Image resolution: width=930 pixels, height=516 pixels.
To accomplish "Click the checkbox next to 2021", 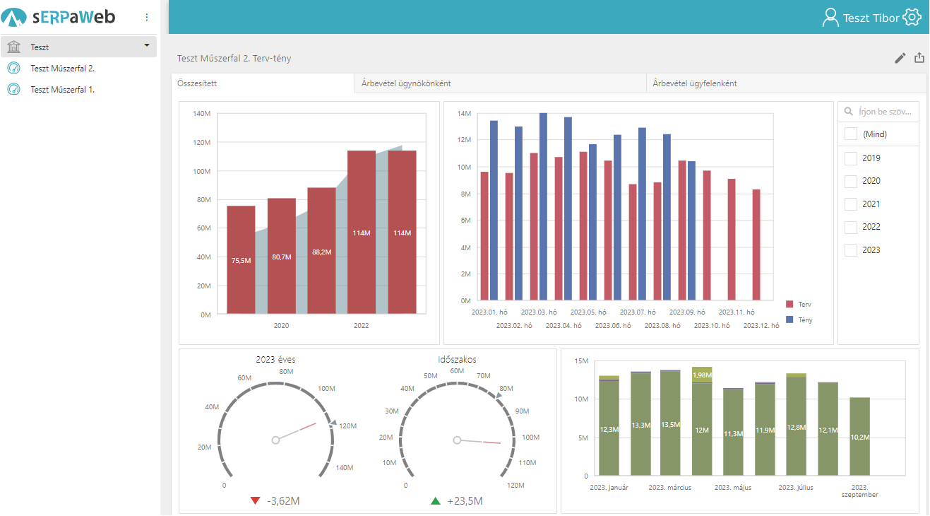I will tap(851, 204).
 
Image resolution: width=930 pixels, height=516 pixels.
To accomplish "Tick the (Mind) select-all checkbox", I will tap(851, 134).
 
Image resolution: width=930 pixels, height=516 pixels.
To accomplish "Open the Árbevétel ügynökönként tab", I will tap(406, 83).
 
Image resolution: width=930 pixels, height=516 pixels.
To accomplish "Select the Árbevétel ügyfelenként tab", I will tap(695, 83).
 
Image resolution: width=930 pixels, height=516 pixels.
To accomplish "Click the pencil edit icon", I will tap(900, 58).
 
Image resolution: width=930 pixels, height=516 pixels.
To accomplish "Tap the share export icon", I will tap(919, 58).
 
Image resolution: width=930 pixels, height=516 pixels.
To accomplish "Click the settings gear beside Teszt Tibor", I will tap(912, 18).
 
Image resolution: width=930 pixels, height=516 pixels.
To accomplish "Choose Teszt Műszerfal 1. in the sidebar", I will tap(62, 90).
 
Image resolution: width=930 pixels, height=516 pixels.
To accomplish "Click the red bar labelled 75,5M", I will tap(241, 259).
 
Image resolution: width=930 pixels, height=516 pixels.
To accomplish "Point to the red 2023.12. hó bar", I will tap(756, 245).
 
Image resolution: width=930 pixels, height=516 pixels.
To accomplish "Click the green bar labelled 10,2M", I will tap(859, 436).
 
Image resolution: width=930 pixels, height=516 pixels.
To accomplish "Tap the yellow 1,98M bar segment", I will tap(702, 375).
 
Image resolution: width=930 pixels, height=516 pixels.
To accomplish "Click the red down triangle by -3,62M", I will tap(256, 501).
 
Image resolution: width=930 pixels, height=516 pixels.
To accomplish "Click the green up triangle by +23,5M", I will tap(436, 501).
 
